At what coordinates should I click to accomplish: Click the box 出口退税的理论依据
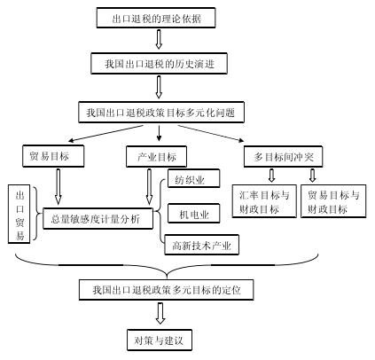pyautogui.click(x=156, y=18)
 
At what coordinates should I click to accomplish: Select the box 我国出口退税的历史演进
pyautogui.click(x=159, y=63)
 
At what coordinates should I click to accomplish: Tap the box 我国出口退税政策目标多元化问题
pyautogui.click(x=161, y=113)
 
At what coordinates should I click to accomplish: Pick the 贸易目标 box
pyautogui.click(x=53, y=156)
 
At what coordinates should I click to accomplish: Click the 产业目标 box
pyautogui.click(x=156, y=156)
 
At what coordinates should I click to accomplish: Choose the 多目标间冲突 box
pyautogui.click(x=283, y=156)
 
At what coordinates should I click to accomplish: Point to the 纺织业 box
pyautogui.click(x=193, y=178)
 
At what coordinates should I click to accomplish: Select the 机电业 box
pyautogui.click(x=193, y=213)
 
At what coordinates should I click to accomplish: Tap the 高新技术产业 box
pyautogui.click(x=201, y=245)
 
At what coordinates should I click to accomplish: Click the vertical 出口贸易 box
pyautogui.click(x=20, y=214)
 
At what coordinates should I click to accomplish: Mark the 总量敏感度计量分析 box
pyautogui.click(x=98, y=218)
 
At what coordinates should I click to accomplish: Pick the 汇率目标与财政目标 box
pyautogui.click(x=264, y=201)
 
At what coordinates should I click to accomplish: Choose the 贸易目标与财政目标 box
pyautogui.click(x=333, y=201)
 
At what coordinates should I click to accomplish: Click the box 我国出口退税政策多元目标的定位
pyautogui.click(x=166, y=290)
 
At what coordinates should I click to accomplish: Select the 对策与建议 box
pyautogui.click(x=160, y=340)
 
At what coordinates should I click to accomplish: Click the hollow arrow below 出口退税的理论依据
pyautogui.click(x=159, y=39)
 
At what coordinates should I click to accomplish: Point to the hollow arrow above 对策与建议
pyautogui.click(x=160, y=313)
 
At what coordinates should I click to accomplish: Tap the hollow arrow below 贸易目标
pyautogui.click(x=59, y=187)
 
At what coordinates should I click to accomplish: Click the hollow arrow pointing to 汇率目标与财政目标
pyautogui.click(x=271, y=176)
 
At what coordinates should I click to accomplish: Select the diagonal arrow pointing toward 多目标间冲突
pyautogui.click(x=211, y=133)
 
